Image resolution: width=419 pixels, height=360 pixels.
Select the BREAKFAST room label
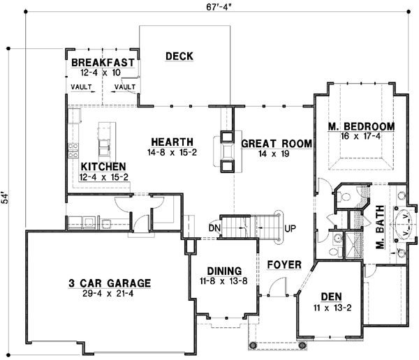pyautogui.click(x=103, y=63)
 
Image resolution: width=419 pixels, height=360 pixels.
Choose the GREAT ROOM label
pyautogui.click(x=276, y=144)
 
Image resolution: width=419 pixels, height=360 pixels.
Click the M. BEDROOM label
pyautogui.click(x=362, y=126)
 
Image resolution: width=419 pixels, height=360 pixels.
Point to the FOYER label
pyautogui.click(x=284, y=265)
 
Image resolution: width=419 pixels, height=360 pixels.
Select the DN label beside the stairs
pyautogui.click(x=214, y=227)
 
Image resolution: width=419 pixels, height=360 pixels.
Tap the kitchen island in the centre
pyautogui.click(x=105, y=141)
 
